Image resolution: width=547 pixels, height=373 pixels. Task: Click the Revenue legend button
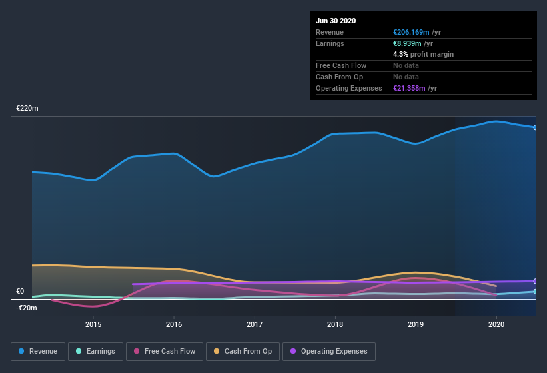(x=38, y=351)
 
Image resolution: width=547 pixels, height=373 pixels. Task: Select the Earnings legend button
(x=95, y=351)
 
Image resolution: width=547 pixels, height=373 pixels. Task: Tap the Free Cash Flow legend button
(x=164, y=351)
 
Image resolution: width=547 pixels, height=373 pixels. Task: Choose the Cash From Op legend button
(x=242, y=351)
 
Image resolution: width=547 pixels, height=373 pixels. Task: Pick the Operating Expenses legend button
(x=328, y=351)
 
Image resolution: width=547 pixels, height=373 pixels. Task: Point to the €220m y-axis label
(x=27, y=108)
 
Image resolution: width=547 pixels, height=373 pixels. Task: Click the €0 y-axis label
(x=20, y=291)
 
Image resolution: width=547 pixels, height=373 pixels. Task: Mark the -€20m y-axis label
(x=27, y=308)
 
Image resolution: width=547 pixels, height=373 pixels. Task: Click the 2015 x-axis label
(x=93, y=324)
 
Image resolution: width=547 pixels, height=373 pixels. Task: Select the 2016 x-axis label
(x=174, y=324)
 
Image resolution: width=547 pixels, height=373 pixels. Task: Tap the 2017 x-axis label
(x=255, y=324)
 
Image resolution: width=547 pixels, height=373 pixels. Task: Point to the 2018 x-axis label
(x=335, y=324)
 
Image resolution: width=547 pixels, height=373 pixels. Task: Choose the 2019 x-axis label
(x=416, y=324)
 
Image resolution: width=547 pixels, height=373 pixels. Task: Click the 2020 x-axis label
(x=496, y=324)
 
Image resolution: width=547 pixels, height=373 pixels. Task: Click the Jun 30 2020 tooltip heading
(x=336, y=21)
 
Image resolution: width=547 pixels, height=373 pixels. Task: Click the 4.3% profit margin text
(x=423, y=54)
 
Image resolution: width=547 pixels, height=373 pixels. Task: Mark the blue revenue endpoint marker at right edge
(x=536, y=127)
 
